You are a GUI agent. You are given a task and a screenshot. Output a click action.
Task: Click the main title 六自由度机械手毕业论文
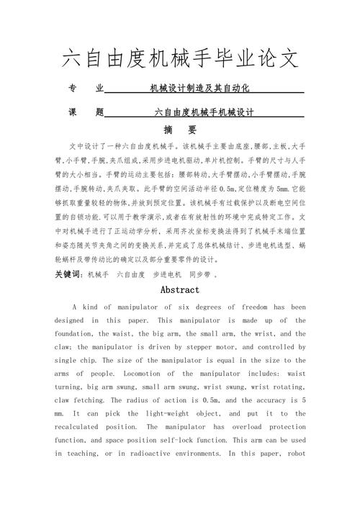[x=180, y=58]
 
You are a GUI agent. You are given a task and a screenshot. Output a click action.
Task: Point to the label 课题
[x=86, y=112]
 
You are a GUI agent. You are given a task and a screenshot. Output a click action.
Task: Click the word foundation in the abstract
[x=75, y=334]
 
